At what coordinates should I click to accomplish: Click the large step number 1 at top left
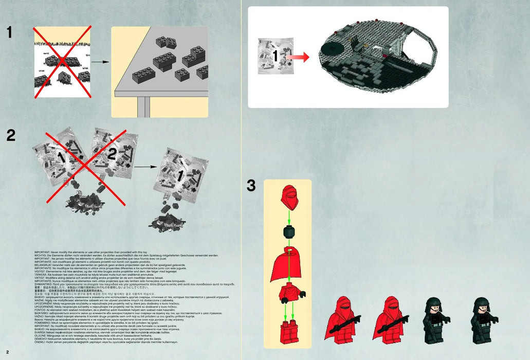click(x=9, y=32)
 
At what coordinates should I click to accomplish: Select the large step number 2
click(x=11, y=135)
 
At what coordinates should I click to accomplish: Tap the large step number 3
click(x=251, y=186)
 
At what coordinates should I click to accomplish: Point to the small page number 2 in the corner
click(x=8, y=351)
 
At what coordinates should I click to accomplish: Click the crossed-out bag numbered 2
click(x=110, y=154)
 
